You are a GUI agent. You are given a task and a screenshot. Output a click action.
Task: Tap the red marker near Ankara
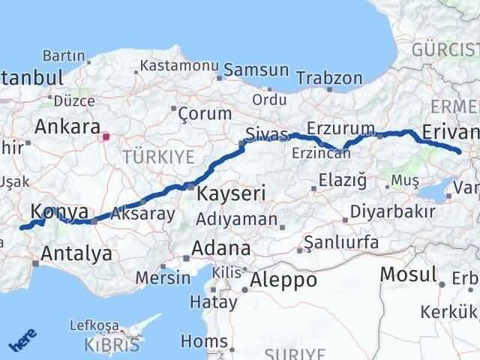pyautogui.click(x=106, y=137)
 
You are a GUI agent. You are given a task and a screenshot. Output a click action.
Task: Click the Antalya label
pyautogui.click(x=76, y=253)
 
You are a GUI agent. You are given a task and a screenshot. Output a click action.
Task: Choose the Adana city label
pyautogui.click(x=221, y=248)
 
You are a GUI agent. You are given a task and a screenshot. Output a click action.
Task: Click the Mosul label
pyautogui.click(x=408, y=274)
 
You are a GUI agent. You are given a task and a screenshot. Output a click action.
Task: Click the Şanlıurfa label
pyautogui.click(x=342, y=243)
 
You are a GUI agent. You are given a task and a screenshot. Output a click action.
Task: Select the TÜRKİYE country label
pyautogui.click(x=157, y=157)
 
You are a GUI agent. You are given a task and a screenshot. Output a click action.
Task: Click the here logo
pyautogui.click(x=23, y=341)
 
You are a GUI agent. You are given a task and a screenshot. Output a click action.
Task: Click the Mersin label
pyautogui.click(x=163, y=277)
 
